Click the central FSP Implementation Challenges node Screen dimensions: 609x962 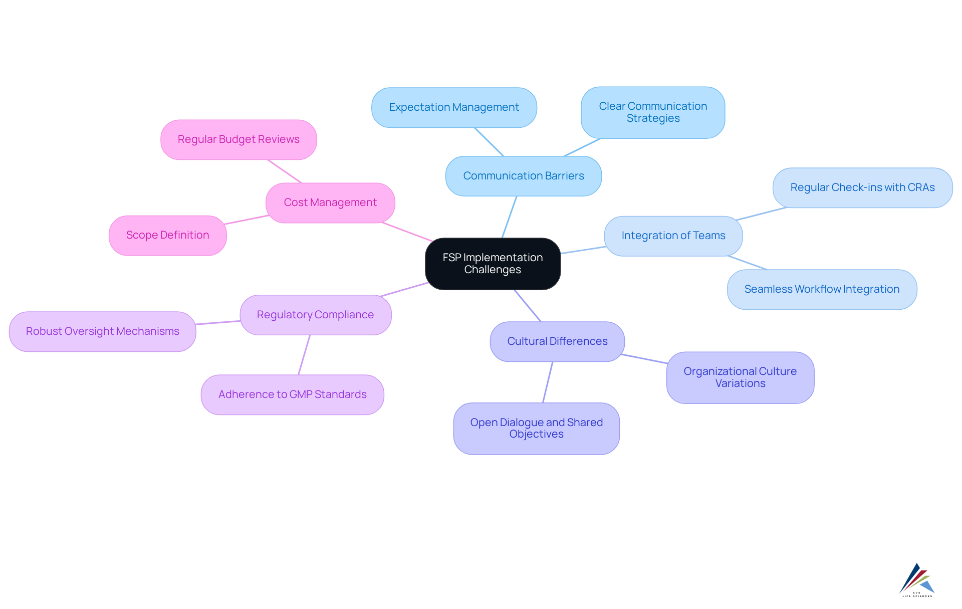pos(493,264)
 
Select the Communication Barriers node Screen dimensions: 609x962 pos(524,176)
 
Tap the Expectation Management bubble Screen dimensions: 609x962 pos(454,107)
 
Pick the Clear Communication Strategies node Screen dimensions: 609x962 pos(653,112)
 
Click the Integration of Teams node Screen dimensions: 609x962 pos(673,236)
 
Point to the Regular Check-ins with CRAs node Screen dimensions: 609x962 pos(862,187)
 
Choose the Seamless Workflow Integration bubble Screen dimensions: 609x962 pos(822,289)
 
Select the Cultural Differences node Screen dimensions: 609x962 pos(557,341)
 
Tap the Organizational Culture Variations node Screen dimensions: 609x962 pos(740,377)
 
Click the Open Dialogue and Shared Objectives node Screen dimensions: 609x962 pos(536,429)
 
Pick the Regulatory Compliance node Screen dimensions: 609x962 pos(315,315)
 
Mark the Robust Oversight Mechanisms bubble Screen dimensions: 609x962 pos(102,331)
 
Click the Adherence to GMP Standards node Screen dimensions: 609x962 pos(292,394)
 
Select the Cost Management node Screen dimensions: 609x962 pos(330,202)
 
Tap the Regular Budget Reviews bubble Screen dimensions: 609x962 pos(238,139)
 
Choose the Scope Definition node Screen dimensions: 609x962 pos(167,235)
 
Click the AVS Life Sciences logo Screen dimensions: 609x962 pos(917,580)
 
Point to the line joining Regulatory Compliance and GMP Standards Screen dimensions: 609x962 pos(304,355)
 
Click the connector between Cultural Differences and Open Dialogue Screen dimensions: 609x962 pos(548,382)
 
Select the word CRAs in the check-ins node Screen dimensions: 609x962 pos(921,187)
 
